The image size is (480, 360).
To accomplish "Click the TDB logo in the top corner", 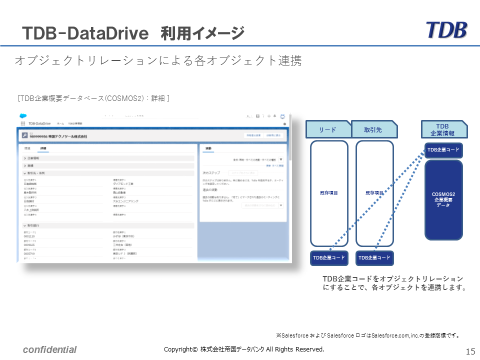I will coord(446,30).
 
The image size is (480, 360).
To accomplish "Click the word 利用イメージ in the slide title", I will coord(202,33).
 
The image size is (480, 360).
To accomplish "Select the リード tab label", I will coord(327,129).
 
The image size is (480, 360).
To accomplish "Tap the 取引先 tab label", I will coord(373,129).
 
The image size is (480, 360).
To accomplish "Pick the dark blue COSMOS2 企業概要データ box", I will coord(443,199).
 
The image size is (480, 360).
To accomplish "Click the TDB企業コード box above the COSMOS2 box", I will coord(443,150).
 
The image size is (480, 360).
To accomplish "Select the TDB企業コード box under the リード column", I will coord(329,258).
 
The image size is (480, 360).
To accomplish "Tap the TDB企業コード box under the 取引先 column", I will coord(374,258).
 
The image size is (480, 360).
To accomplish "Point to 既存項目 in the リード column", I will coord(329,192).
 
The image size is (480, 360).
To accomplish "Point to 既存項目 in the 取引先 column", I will coord(374,192).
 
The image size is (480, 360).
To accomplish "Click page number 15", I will coord(470,351).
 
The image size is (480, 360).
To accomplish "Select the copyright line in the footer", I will coord(244,349).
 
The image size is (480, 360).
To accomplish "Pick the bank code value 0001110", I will coord(29,236).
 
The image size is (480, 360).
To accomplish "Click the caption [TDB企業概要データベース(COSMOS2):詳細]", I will coord(93,98).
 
